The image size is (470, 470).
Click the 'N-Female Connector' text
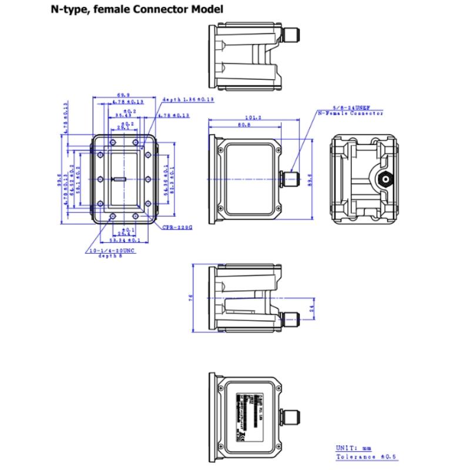pos(350,113)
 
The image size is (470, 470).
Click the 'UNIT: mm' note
pos(351,447)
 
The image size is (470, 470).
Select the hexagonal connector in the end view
pos(385,179)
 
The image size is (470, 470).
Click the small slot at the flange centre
pos(120,179)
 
